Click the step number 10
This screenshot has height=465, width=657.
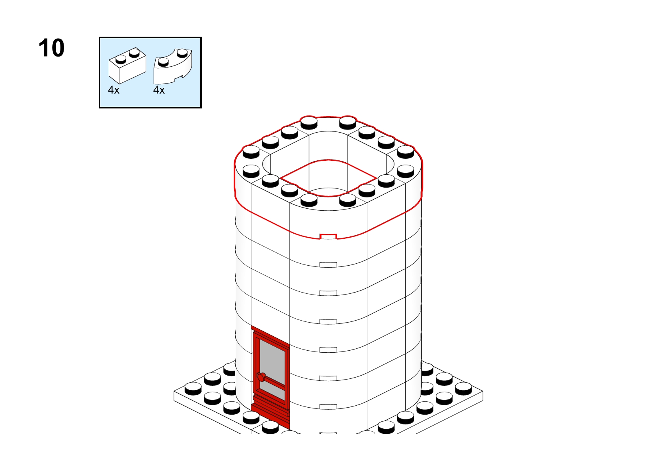tap(51, 48)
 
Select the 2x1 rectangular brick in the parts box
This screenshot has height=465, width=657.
tap(127, 66)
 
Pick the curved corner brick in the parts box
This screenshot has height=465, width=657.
tap(173, 66)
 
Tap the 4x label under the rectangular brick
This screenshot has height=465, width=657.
tap(114, 90)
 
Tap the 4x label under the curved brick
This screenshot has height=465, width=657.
tap(159, 90)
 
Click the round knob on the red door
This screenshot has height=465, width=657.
tap(261, 377)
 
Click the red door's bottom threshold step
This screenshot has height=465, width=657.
tap(270, 414)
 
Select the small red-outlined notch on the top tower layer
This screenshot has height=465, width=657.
tap(328, 237)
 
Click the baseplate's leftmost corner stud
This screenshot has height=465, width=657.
tap(193, 389)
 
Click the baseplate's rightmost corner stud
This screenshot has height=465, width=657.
tap(463, 389)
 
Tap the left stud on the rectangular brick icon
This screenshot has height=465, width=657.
tap(121, 59)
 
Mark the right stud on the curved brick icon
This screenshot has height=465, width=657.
tap(182, 53)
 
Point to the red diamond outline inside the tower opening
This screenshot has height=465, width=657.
tap(328, 178)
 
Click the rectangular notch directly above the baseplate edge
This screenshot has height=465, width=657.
tap(328, 406)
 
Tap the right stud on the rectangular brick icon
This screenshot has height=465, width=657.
tap(134, 53)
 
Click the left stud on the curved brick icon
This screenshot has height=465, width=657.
tap(163, 62)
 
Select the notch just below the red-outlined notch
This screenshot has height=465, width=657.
tap(328, 265)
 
